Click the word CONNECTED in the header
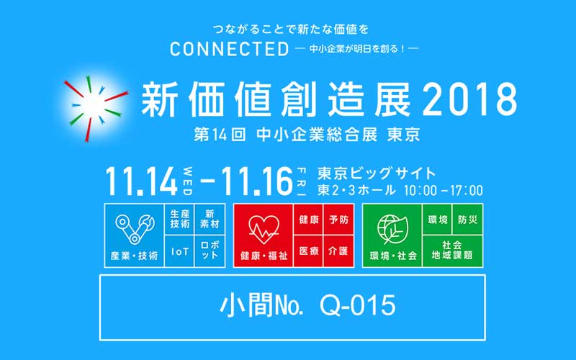[x=229, y=49]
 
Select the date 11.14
[x=141, y=181]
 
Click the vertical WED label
[x=187, y=181]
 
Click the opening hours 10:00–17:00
[x=443, y=190]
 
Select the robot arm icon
[x=135, y=228]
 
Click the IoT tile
[x=179, y=251]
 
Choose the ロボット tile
[x=210, y=251]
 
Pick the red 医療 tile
[x=309, y=251]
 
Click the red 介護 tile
[x=338, y=251]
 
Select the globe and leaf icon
[x=392, y=229]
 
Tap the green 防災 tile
[x=467, y=220]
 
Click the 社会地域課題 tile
[x=453, y=251]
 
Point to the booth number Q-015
[x=358, y=305]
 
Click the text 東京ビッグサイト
[x=377, y=174]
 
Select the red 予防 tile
[x=338, y=220]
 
